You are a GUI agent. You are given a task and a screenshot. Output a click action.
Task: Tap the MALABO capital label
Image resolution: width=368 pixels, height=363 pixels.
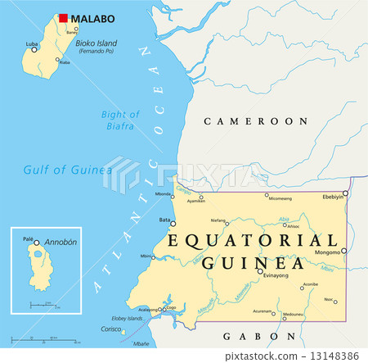(93, 19)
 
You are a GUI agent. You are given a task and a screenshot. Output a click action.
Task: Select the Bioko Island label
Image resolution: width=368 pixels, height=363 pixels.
(96, 43)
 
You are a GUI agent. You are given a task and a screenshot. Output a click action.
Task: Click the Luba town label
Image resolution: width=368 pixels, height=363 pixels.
(32, 43)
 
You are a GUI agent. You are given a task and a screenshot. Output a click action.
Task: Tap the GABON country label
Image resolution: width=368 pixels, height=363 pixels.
(249, 335)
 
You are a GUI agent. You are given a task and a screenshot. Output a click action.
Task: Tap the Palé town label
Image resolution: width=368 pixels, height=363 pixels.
(29, 239)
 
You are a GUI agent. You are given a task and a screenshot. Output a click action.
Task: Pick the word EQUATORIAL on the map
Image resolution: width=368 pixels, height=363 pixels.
(252, 240)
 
